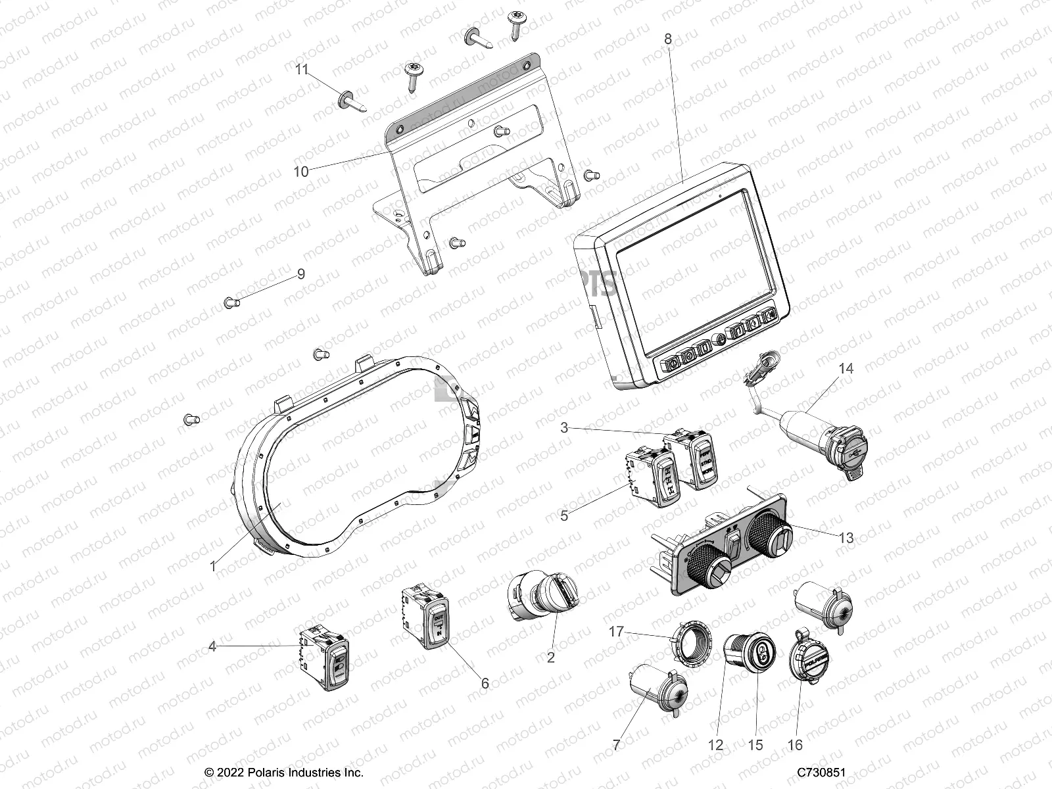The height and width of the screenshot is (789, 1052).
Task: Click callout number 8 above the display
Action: pos(668,39)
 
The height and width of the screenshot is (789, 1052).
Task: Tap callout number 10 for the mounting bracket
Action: pos(300,172)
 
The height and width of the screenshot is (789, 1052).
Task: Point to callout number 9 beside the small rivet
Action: pos(301,274)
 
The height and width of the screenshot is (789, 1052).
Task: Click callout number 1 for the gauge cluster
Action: pos(212,565)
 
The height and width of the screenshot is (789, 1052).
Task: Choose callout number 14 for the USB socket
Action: pos(846,369)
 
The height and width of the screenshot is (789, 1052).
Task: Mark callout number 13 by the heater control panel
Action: pos(846,538)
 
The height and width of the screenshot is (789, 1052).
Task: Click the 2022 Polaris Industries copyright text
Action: pos(284,773)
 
